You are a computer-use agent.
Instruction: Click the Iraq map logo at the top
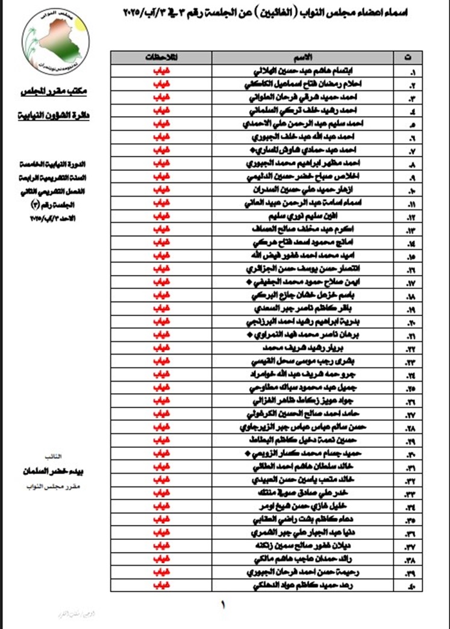pyautogui.click(x=55, y=40)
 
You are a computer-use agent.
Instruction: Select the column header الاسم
pyautogui.click(x=305, y=57)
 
